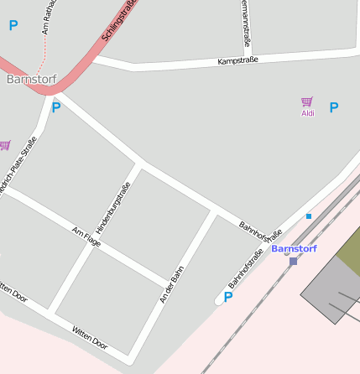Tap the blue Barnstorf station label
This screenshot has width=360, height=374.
pyautogui.click(x=294, y=248)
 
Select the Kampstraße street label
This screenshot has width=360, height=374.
pyautogui.click(x=237, y=60)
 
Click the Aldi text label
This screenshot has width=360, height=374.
pyautogui.click(x=308, y=113)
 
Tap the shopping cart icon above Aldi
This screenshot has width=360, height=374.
pyautogui.click(x=307, y=101)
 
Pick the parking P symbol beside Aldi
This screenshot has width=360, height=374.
pyautogui.click(x=334, y=107)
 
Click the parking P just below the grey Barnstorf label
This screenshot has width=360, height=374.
pyautogui.click(x=56, y=107)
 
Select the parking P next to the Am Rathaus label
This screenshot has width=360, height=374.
pyautogui.click(x=13, y=26)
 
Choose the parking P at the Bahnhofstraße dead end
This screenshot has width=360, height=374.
pyautogui.click(x=227, y=296)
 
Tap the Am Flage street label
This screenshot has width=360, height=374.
pyautogui.click(x=86, y=237)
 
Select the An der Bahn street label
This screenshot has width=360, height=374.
pyautogui.click(x=171, y=284)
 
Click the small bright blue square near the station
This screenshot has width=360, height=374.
pyautogui.click(x=309, y=216)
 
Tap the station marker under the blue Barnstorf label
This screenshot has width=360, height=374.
pyautogui.click(x=293, y=261)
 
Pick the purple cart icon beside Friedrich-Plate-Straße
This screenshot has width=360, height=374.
pyautogui.click(x=4, y=145)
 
